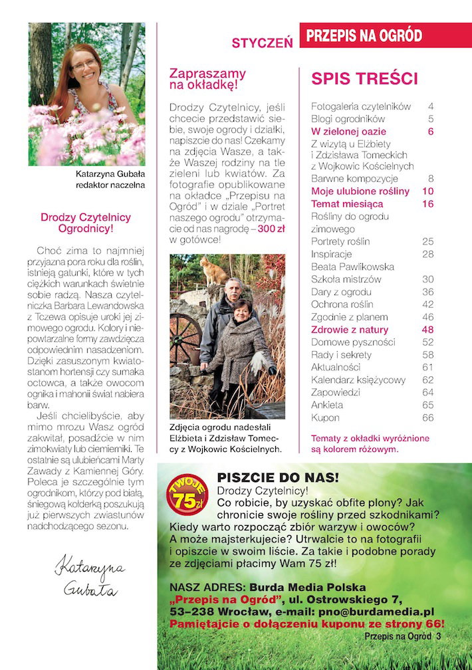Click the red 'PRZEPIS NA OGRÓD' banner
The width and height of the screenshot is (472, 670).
click(364, 36)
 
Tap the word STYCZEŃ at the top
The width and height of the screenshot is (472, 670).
click(263, 43)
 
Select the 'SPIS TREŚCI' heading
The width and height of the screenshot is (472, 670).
click(364, 79)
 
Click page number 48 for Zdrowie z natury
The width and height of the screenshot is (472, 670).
click(427, 330)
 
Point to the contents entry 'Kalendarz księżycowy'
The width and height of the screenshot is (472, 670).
click(353, 380)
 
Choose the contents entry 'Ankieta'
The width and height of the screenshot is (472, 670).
click(327, 405)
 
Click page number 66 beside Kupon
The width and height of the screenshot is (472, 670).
click(427, 417)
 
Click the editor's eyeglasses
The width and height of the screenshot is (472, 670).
click(84, 64)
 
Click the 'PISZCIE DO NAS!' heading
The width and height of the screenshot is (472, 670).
click(278, 477)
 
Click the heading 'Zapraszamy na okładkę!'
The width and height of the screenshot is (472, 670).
click(207, 79)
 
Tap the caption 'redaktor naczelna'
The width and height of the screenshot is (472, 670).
click(110, 185)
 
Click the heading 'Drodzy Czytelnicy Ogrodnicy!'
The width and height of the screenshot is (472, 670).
click(86, 223)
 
